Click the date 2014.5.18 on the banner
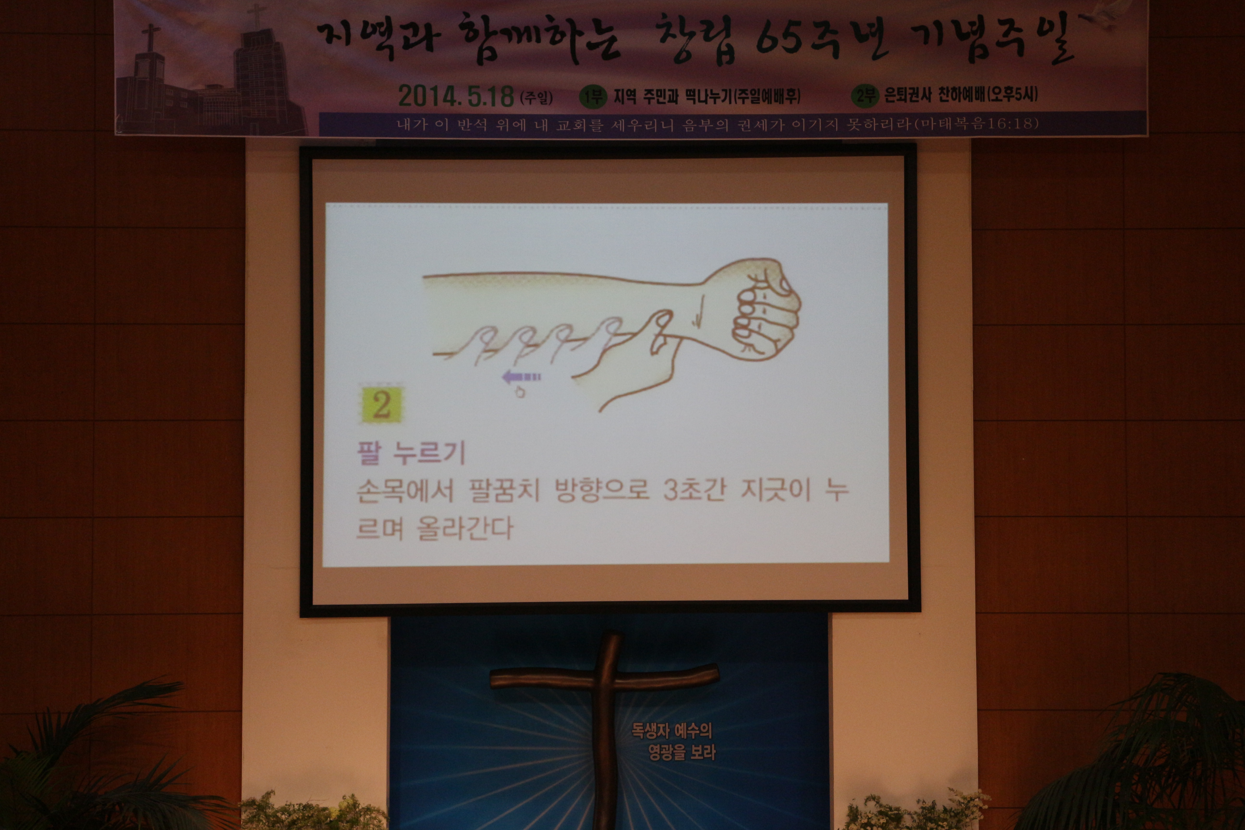point(456,96)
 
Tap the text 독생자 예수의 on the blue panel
point(671,731)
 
